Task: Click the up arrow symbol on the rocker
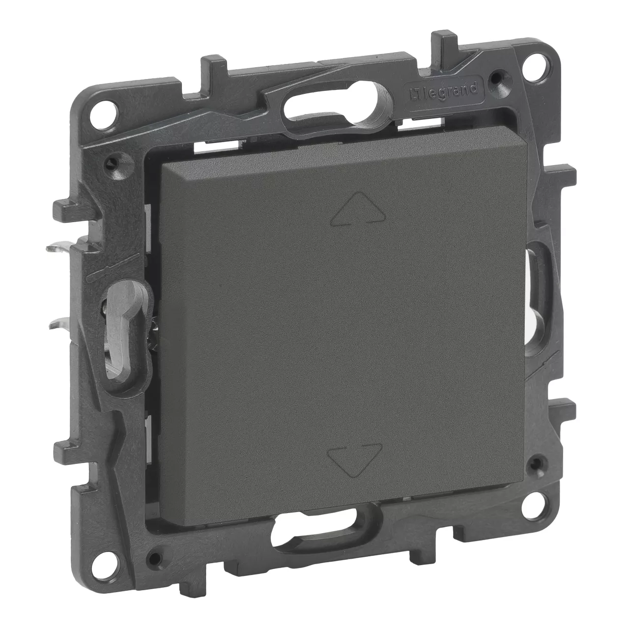(x=358, y=209)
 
